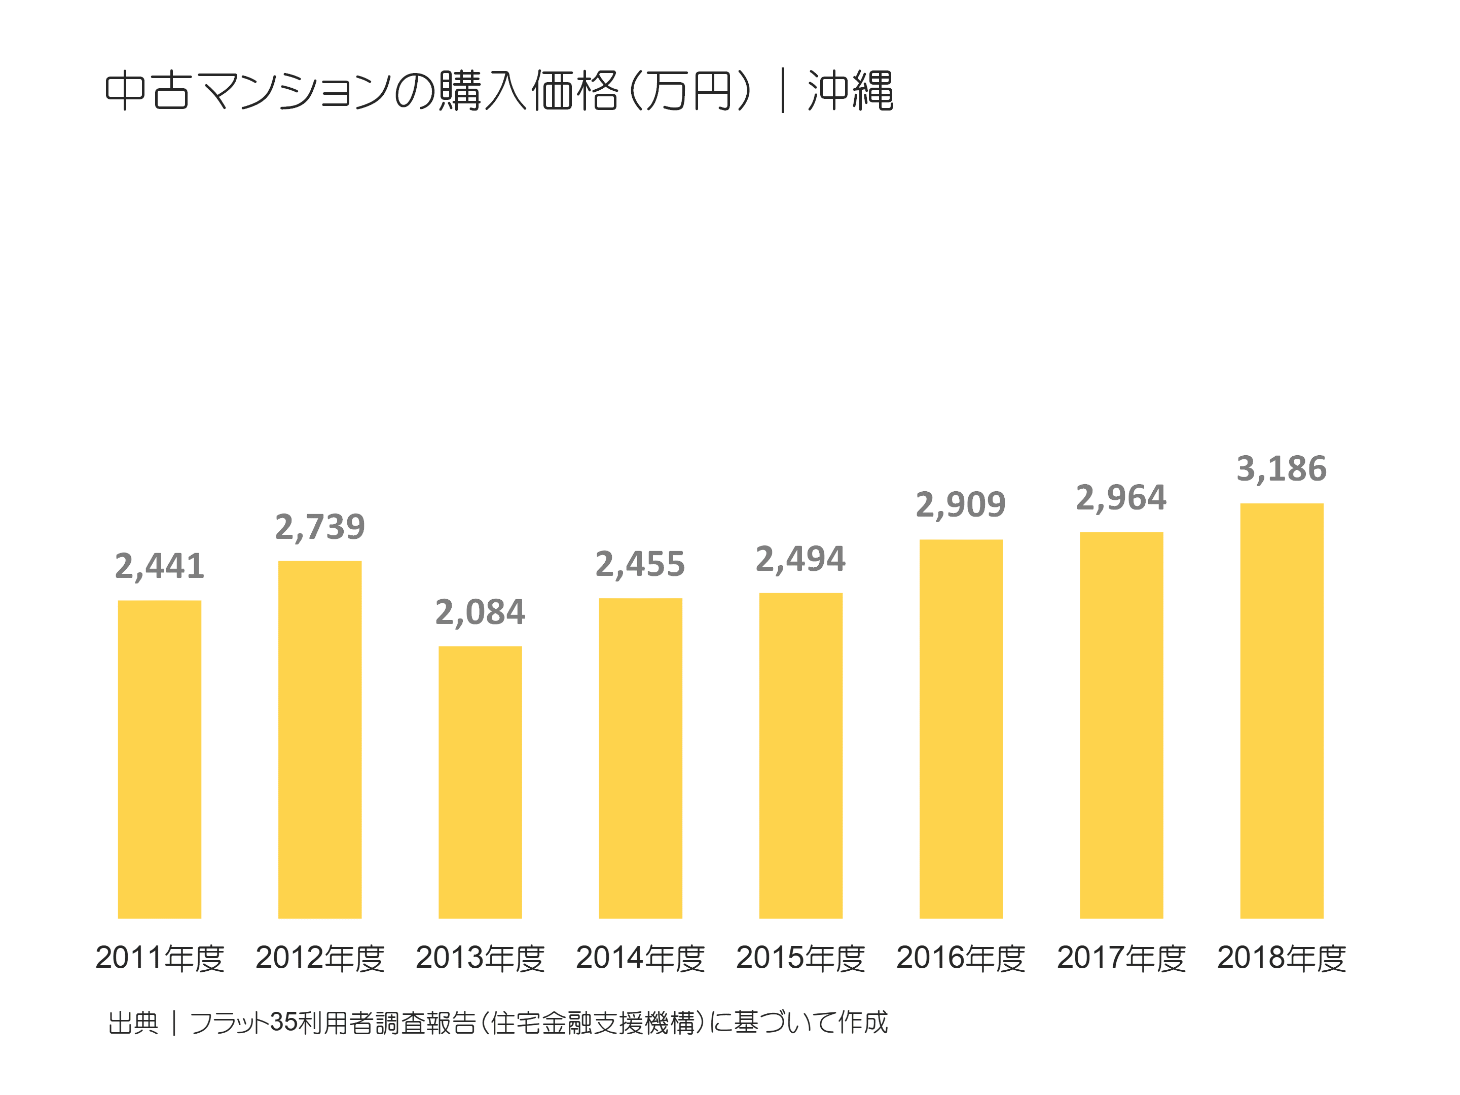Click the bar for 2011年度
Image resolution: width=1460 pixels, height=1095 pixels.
159,759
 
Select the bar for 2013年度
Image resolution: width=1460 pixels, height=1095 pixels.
480,782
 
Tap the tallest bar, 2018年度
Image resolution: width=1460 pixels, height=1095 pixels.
1281,711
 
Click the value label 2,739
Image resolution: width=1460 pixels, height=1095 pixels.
319,527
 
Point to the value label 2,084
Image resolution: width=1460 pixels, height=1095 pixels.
480,612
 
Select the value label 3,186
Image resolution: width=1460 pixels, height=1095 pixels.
1281,469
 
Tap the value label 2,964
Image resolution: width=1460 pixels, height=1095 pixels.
1121,498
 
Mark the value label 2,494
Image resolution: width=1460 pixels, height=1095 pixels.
800,560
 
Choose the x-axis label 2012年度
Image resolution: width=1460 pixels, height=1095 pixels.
319,958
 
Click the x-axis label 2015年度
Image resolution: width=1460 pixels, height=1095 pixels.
800,958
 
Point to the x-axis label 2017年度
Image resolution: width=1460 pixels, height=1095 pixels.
1121,958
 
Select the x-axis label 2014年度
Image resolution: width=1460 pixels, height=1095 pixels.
640,958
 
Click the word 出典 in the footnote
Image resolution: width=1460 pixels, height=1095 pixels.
133,1023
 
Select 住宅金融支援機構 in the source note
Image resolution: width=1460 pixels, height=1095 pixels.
592,1023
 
